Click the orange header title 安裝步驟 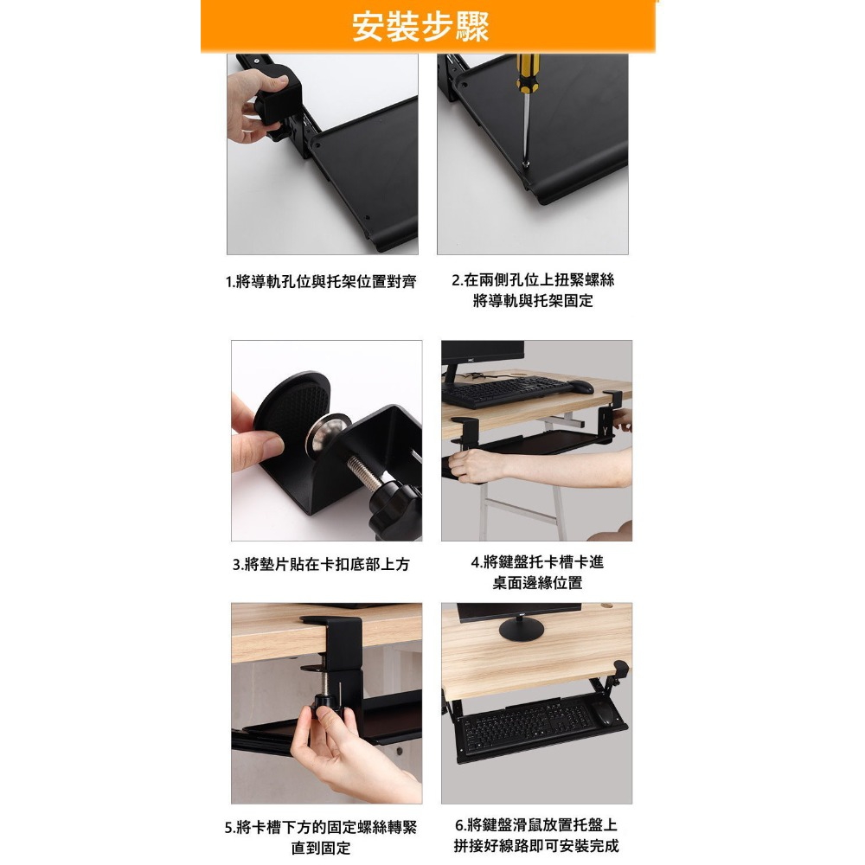421,26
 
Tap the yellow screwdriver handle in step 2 528,73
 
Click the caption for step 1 321,282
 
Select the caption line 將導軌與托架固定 533,301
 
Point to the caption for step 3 321,564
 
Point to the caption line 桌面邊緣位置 537,583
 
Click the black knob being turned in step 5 326,706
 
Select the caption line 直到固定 321,848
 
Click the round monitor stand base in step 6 521,630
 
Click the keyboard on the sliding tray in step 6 528,727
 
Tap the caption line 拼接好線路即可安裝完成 536,846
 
